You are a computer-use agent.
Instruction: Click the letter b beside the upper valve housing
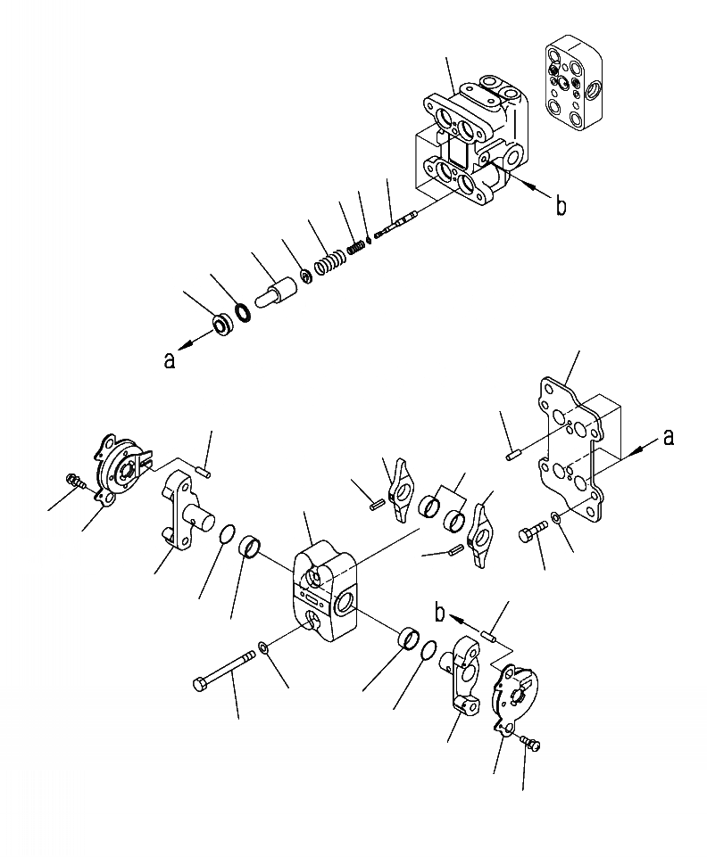tap(561, 207)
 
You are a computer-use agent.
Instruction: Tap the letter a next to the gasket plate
tap(669, 436)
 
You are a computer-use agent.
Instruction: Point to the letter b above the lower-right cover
tap(439, 612)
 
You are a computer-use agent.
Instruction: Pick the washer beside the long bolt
tap(262, 646)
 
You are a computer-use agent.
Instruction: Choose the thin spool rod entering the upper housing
tap(397, 224)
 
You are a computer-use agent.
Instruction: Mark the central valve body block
tap(325, 593)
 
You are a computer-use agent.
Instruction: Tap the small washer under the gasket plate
tap(556, 517)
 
